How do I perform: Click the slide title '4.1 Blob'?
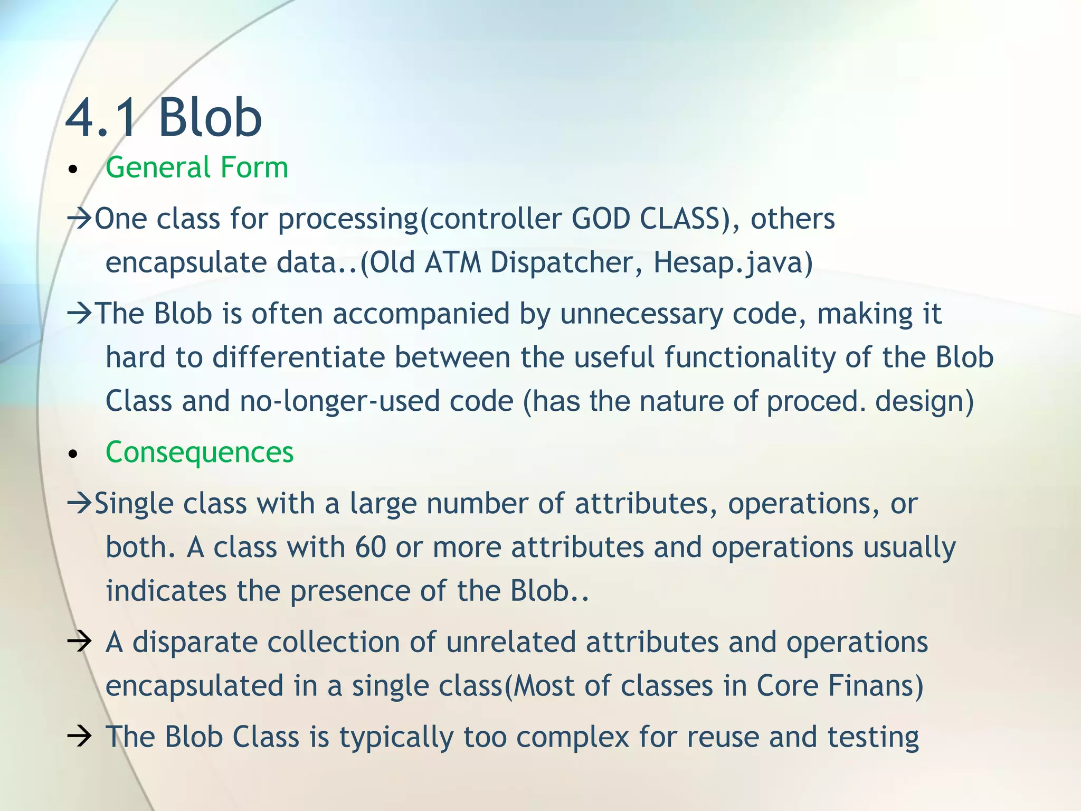(x=164, y=117)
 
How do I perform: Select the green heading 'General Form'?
(x=196, y=168)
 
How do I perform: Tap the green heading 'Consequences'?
(x=199, y=452)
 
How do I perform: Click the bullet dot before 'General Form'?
(x=73, y=170)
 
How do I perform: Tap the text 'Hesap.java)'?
(x=733, y=262)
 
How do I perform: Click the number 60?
(x=371, y=548)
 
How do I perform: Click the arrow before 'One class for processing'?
(x=80, y=218)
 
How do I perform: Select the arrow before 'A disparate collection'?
(x=80, y=643)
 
